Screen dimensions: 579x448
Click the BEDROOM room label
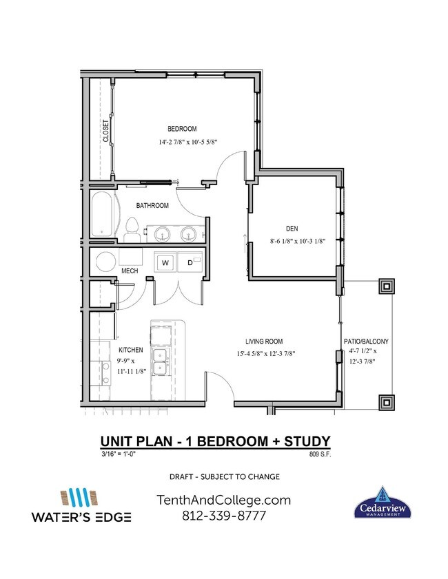[183, 129]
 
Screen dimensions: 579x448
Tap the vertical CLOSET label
[106, 131]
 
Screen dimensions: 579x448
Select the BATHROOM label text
[152, 205]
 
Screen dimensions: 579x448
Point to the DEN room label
[291, 229]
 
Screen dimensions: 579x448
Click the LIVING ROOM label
[264, 341]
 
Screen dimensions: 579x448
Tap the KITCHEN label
[130, 350]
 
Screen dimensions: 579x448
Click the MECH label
[130, 271]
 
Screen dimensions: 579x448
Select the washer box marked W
[165, 262]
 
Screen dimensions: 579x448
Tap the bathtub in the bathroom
[101, 213]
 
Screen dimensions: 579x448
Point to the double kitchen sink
[162, 361]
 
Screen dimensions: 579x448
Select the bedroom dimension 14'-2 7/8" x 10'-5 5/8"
[188, 143]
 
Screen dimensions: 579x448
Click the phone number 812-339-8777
[224, 515]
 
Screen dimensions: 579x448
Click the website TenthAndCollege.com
[224, 500]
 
